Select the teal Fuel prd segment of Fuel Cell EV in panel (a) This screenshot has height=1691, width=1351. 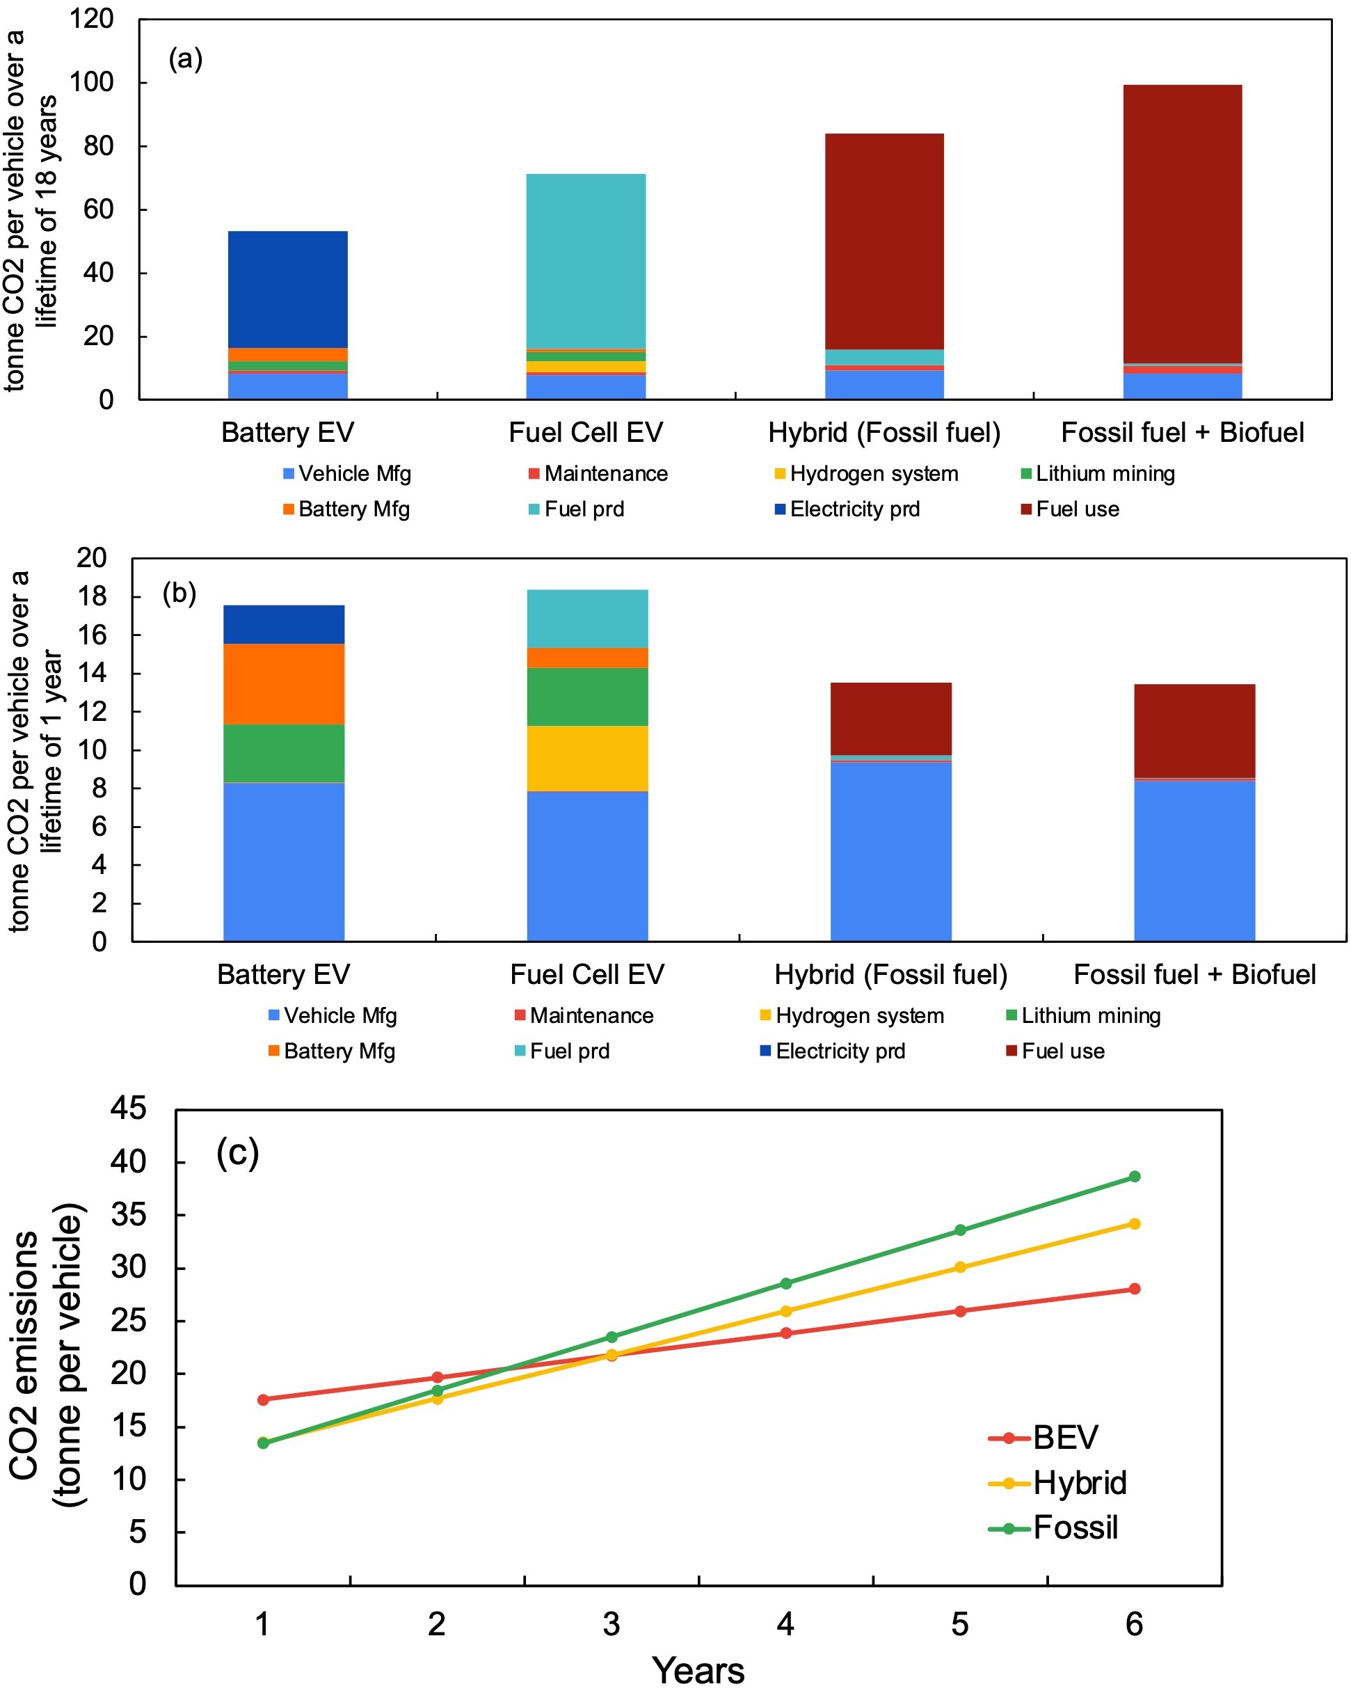[x=586, y=260]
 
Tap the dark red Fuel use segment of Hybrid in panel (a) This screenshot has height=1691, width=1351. [x=884, y=241]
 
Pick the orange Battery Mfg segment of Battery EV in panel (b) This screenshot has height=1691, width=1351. [x=284, y=683]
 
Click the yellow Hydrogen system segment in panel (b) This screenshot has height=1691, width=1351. [x=587, y=758]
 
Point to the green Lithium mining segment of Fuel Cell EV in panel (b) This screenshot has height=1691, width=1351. [x=587, y=697]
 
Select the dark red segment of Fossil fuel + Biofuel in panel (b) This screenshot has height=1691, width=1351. [x=1194, y=730]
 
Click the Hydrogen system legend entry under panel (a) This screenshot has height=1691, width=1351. [x=865, y=474]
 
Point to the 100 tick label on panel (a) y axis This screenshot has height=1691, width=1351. [x=92, y=81]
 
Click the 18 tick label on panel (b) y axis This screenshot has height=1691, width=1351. [x=92, y=596]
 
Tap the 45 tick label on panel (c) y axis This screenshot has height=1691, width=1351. [x=128, y=1109]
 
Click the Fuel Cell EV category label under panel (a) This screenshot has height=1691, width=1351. [x=586, y=432]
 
